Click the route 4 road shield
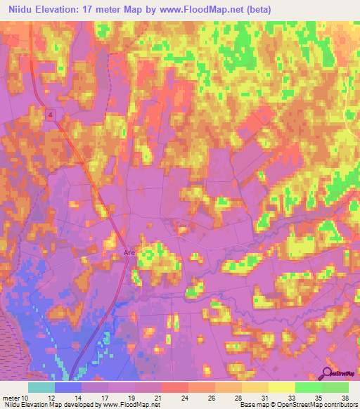pos(51,115)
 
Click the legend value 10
pos(26,398)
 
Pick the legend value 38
pos(344,398)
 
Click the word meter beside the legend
pos(11,398)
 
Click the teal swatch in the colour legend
pos(41,387)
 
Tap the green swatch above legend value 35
pos(309,387)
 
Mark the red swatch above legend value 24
pos(175,387)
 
